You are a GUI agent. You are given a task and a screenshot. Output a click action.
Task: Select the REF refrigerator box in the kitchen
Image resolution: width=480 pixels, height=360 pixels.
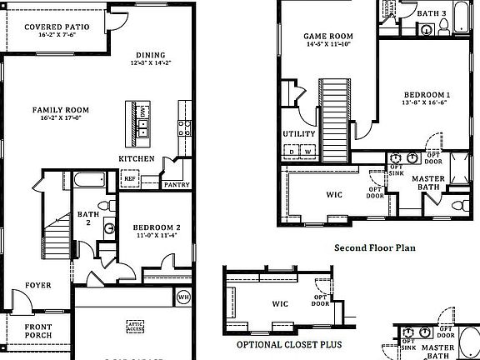[x=130, y=178]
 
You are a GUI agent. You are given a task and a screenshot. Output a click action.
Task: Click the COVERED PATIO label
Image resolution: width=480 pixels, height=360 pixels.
[x=57, y=27]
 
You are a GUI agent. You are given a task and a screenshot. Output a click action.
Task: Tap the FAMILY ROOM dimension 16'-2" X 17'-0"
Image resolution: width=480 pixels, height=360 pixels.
[x=60, y=118]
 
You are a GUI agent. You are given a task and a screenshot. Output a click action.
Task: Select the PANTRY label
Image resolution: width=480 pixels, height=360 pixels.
[x=177, y=185]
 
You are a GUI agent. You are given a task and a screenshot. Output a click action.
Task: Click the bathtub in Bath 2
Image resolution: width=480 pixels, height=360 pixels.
[x=89, y=181]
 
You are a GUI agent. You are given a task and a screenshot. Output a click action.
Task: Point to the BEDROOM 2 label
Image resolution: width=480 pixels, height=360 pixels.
[x=156, y=227]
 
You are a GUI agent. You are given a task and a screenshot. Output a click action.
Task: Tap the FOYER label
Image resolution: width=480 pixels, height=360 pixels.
[x=37, y=285]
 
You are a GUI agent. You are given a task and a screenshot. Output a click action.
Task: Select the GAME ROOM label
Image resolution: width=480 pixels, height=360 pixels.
[x=328, y=36]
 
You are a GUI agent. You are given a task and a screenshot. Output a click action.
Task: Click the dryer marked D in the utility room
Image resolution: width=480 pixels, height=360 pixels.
[x=292, y=151]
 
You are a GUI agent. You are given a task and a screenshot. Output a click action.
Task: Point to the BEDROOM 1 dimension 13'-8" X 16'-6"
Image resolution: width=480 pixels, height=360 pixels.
[x=427, y=103]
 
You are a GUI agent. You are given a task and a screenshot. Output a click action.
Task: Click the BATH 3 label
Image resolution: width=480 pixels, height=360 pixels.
[x=432, y=13]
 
